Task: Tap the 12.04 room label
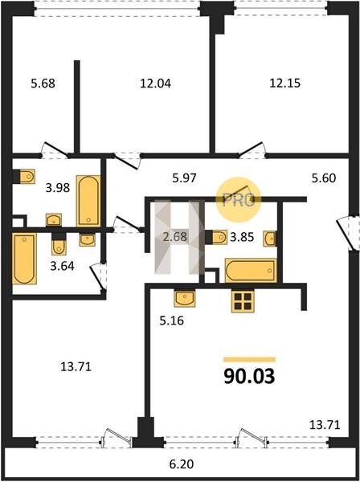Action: tap(155, 84)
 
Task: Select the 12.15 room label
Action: tap(285, 83)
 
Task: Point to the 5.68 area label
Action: tap(43, 84)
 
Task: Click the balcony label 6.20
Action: tap(182, 464)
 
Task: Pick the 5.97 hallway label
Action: tap(184, 178)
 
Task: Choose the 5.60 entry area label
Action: tap(324, 178)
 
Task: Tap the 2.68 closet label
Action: tap(175, 237)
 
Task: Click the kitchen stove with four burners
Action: tap(243, 301)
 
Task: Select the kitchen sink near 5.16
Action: tap(185, 299)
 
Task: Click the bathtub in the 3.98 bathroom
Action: tap(88, 201)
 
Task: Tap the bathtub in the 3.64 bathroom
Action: tap(24, 258)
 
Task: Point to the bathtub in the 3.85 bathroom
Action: tap(251, 271)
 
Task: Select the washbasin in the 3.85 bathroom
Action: tap(269, 239)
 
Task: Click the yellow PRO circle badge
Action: tap(238, 200)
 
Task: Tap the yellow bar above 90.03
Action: tap(249, 359)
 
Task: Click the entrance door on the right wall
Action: tap(348, 234)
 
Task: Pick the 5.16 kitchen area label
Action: tap(171, 321)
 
